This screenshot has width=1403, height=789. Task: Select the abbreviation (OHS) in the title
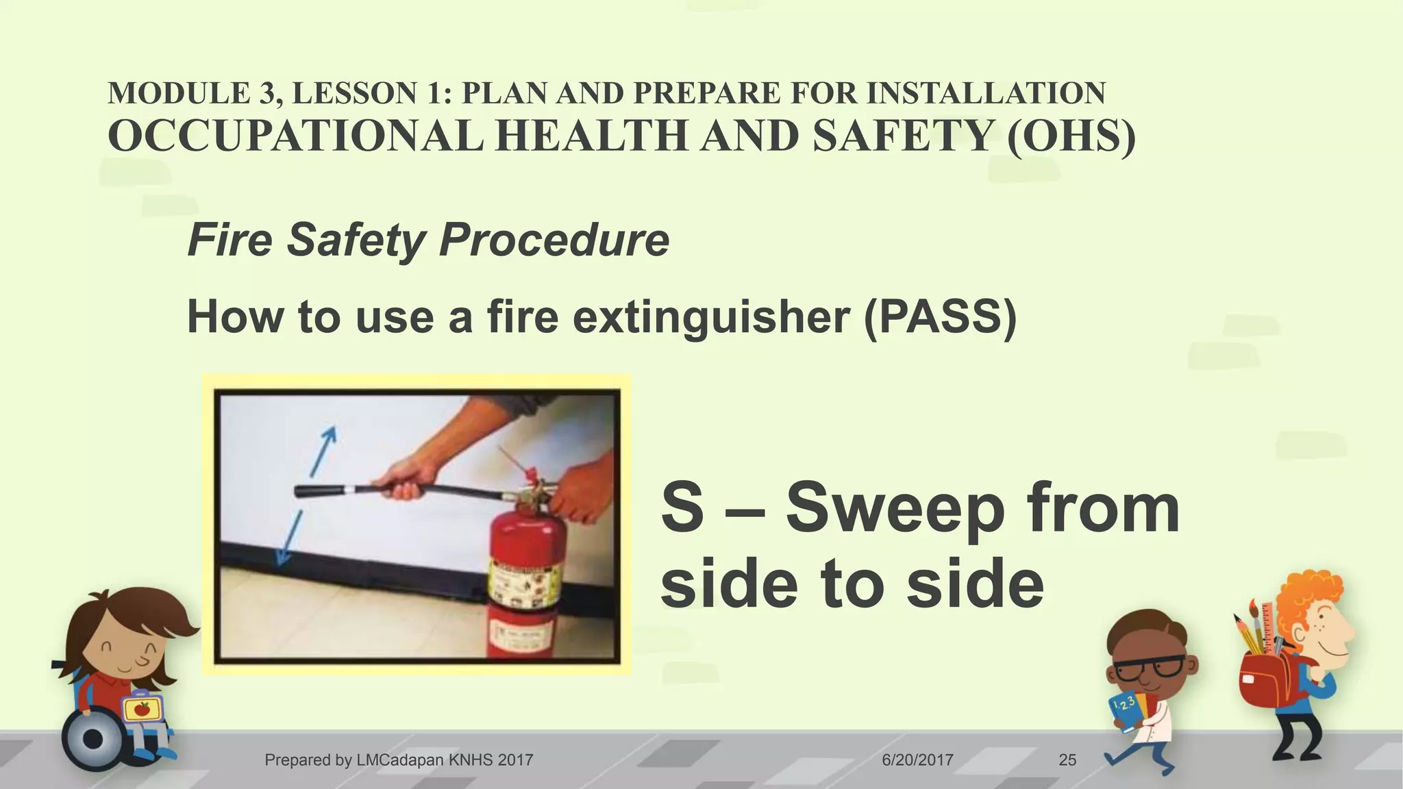pos(1071,136)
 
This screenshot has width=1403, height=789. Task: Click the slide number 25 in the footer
pos(1067,760)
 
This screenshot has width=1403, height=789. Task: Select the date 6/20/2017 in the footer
pos(917,760)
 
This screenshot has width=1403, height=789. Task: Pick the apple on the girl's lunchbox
pos(142,708)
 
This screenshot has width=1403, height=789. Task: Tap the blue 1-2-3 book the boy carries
pos(1128,712)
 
